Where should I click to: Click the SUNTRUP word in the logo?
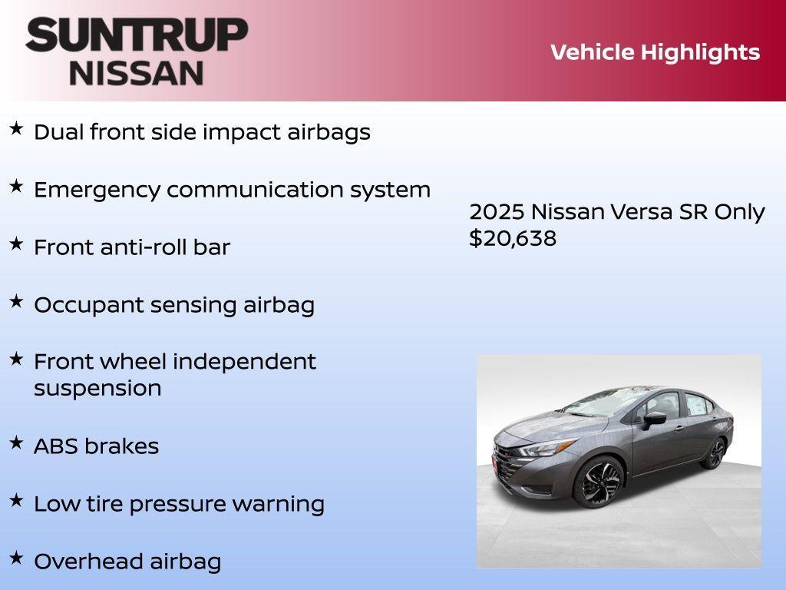(137, 35)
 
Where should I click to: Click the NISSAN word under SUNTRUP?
(137, 73)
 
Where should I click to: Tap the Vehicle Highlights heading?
(655, 52)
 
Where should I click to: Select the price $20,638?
(513, 238)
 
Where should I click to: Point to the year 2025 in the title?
(496, 212)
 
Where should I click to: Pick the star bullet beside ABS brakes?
(15, 443)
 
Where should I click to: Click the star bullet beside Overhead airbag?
(15, 559)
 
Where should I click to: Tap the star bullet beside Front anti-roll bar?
(15, 244)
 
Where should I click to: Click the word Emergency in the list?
(97, 190)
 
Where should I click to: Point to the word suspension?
(97, 388)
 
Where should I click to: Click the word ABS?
(54, 446)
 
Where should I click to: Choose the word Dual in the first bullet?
(58, 132)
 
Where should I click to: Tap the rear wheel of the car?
(714, 453)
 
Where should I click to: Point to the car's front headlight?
(547, 448)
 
